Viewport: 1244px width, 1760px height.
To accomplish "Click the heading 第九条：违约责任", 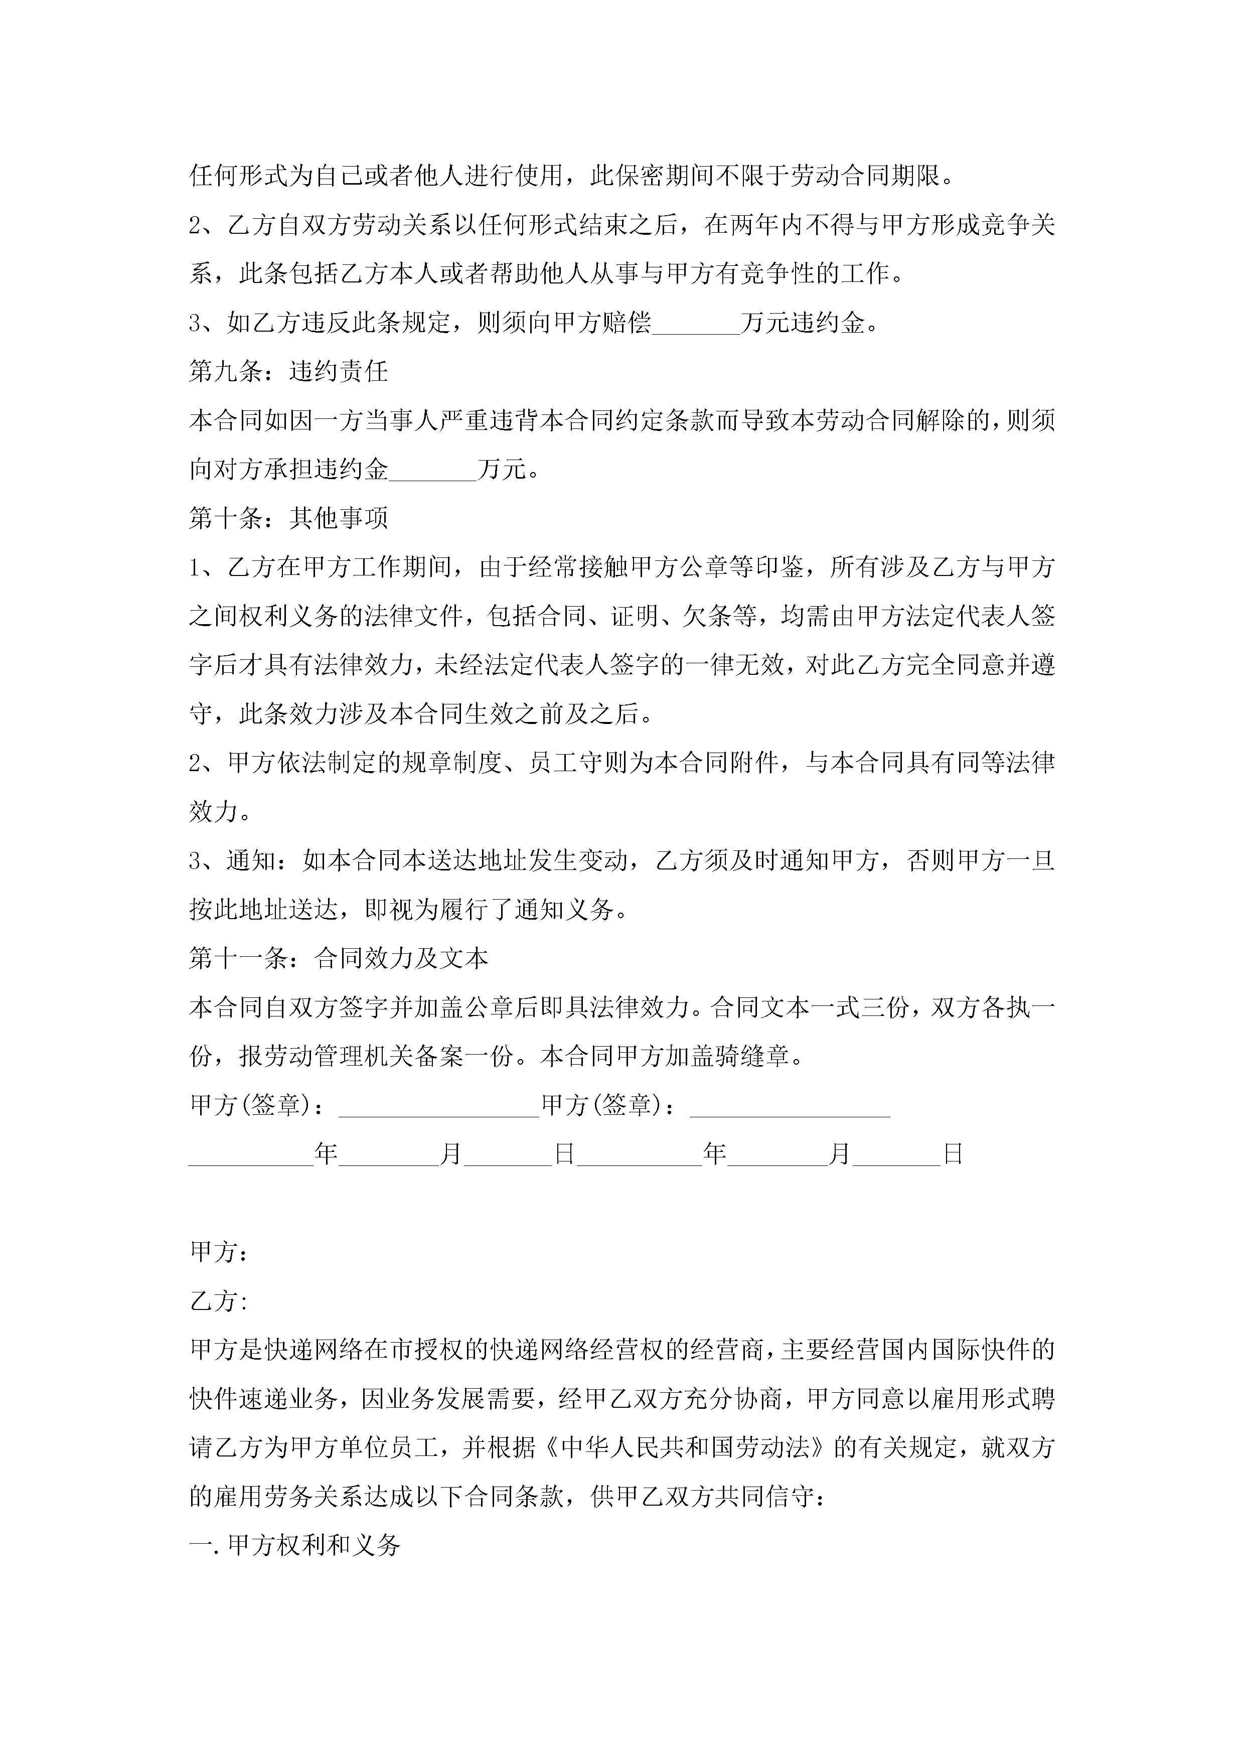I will point(288,372).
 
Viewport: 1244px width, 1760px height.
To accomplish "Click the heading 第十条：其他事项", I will point(288,518).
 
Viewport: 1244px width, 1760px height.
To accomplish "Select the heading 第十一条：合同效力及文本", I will point(338,959).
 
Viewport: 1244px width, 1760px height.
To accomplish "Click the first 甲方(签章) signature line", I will point(439,1106).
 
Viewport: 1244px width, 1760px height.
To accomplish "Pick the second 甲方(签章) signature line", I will point(790,1106).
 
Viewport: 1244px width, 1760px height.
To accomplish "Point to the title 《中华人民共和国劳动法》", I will point(685,1448).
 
